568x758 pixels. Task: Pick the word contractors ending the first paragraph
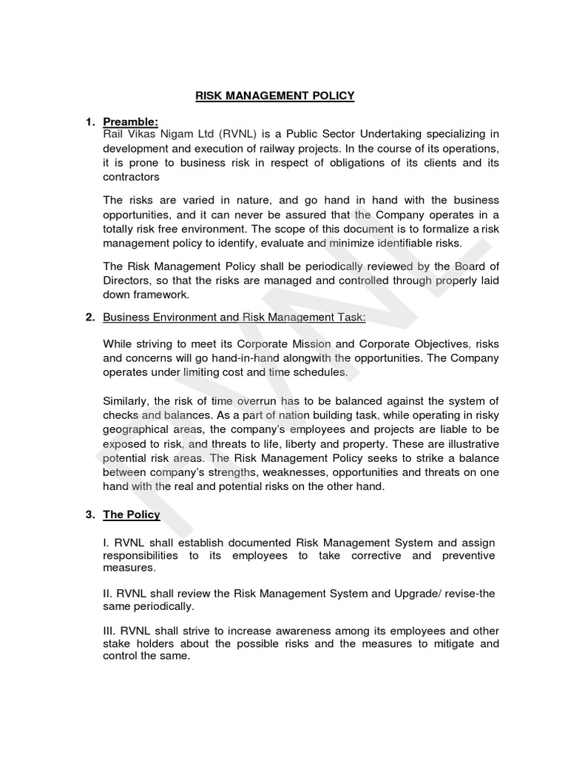[x=130, y=177]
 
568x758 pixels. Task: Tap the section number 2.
[x=89, y=318]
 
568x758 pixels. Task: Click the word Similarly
[x=127, y=401]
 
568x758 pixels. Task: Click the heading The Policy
[x=131, y=514]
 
